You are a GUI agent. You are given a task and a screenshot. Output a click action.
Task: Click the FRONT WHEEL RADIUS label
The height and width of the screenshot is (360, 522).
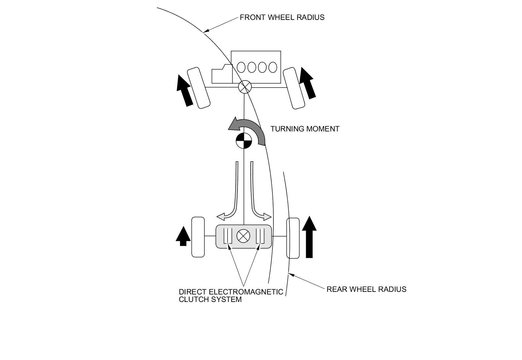(282, 18)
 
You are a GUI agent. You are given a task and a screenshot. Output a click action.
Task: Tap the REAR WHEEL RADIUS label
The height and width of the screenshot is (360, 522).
(366, 289)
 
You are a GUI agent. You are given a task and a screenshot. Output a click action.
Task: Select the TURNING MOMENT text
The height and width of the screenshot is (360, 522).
(305, 129)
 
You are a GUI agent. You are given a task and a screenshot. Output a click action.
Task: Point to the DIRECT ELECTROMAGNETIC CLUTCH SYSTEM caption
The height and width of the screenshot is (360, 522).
(231, 295)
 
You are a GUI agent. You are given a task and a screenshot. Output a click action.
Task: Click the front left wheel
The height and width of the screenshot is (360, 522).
(199, 88)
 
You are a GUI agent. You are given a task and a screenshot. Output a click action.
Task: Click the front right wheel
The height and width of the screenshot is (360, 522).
(294, 88)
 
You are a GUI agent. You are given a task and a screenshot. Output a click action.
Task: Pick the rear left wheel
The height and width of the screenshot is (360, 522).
(198, 237)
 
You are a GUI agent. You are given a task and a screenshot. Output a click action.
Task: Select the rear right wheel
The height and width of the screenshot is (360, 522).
(293, 238)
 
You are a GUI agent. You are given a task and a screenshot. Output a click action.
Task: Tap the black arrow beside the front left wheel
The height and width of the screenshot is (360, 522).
(185, 91)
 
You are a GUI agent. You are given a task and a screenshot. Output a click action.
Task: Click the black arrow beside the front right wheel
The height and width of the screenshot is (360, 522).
(308, 83)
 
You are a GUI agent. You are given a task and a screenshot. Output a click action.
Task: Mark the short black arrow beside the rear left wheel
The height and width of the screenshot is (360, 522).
(183, 236)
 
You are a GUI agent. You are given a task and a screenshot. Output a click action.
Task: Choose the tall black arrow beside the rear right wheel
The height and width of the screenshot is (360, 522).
(309, 237)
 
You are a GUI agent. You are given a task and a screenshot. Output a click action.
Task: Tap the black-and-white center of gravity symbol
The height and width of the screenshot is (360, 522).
(244, 141)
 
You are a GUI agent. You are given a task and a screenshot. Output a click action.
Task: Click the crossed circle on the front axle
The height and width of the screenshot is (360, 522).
(245, 87)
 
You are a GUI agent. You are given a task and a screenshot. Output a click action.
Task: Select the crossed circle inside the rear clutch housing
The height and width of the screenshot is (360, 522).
(243, 236)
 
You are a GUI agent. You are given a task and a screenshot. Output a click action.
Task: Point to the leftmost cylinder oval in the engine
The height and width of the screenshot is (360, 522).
(241, 67)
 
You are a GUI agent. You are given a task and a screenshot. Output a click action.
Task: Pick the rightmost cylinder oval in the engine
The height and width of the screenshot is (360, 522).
(273, 67)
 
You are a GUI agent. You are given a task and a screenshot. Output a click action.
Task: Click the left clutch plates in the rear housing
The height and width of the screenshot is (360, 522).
(228, 236)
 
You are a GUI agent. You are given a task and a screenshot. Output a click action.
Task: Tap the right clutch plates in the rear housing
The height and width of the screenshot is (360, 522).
(260, 236)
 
